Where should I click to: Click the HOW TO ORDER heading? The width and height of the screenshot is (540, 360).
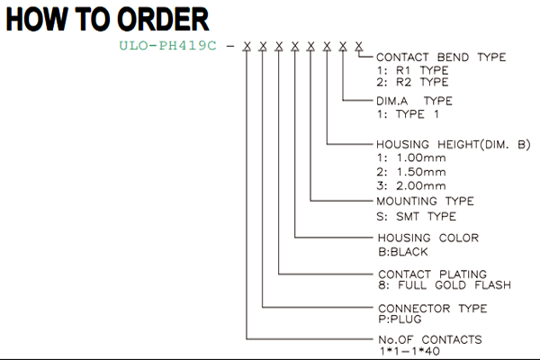107,19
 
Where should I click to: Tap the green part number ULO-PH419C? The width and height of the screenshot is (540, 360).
167,46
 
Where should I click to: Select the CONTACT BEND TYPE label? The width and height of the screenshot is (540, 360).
441,58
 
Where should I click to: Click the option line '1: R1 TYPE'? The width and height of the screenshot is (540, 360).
412,70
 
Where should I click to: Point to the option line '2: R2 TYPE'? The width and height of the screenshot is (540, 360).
412,82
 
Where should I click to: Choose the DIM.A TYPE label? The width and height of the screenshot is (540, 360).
414,101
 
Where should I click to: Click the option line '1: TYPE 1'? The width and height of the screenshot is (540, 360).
408,114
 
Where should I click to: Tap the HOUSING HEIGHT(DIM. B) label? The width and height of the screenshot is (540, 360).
454,145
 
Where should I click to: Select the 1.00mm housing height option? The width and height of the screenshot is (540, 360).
411,158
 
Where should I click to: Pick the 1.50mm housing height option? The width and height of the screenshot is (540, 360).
411,172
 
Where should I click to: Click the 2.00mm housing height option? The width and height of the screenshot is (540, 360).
411,186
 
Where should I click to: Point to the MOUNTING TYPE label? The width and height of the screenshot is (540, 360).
425,202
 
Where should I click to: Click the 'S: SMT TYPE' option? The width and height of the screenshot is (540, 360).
416,217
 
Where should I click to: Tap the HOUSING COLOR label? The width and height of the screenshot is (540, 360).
428,238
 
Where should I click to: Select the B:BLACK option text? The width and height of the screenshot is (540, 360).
402,252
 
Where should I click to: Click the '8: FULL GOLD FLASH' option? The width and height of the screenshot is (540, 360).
445,285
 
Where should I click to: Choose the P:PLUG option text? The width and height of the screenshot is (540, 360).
400,319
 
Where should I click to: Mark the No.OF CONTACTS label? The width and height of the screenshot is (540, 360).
430,340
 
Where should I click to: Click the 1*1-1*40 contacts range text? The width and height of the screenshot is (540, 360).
409,351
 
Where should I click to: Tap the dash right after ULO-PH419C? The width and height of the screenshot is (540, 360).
230,46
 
